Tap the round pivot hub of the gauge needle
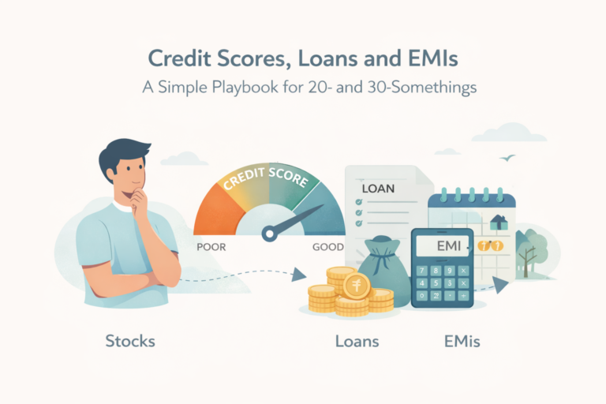pyautogui.click(x=269, y=234)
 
